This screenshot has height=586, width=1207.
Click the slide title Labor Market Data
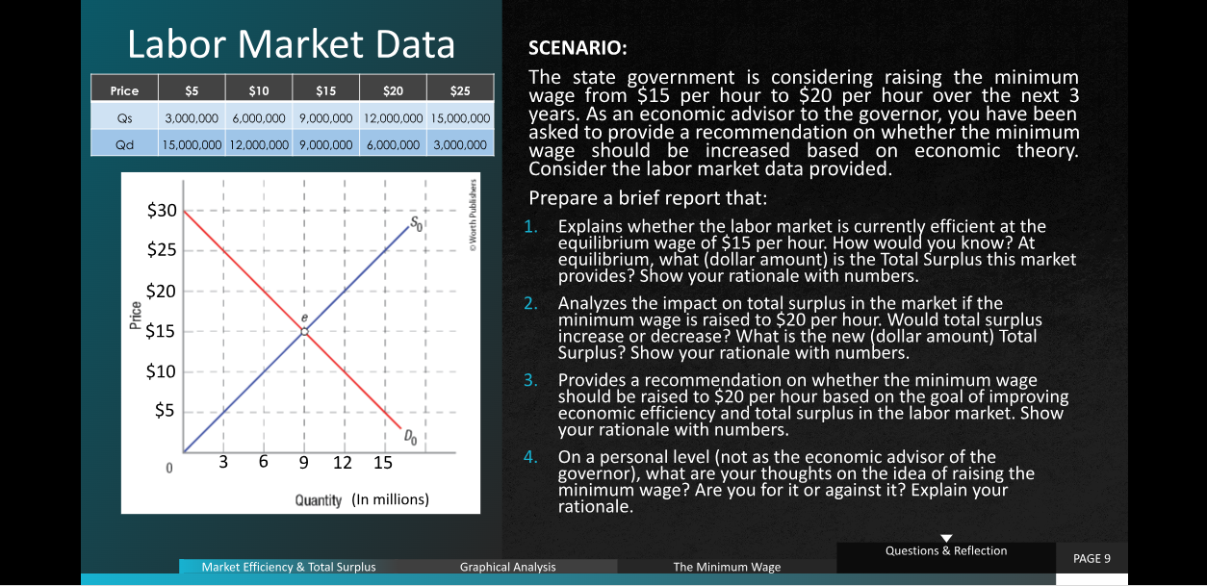click(291, 44)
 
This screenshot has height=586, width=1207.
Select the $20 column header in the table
click(393, 90)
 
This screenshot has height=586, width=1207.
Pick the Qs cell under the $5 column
click(192, 118)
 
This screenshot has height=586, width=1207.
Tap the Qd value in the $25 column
click(460, 145)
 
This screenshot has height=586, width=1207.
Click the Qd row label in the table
click(124, 145)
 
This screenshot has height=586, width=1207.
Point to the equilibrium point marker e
click(304, 332)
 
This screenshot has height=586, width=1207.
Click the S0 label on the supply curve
click(417, 223)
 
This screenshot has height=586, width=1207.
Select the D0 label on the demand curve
click(410, 436)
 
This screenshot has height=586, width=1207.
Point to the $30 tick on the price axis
click(162, 210)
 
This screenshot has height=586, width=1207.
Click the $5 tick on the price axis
click(165, 411)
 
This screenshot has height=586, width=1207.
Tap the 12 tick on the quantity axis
click(342, 462)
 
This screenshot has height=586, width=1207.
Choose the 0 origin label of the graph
click(169, 468)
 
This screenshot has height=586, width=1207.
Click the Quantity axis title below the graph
click(318, 500)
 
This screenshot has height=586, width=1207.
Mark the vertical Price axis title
click(136, 315)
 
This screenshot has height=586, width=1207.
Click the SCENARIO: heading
click(578, 48)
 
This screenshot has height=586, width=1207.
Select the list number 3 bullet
click(530, 380)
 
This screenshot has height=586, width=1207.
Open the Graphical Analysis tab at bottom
click(507, 567)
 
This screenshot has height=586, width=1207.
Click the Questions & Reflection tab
click(946, 550)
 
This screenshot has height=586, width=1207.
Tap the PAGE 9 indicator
click(1091, 558)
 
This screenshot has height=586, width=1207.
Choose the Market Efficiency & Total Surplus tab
click(289, 567)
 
